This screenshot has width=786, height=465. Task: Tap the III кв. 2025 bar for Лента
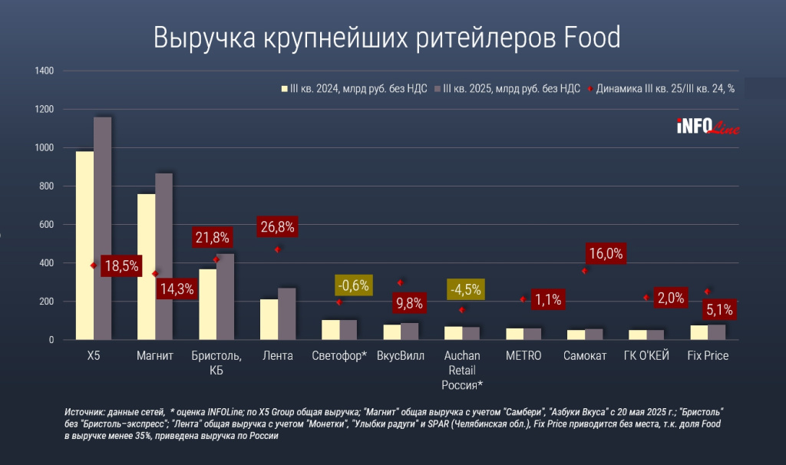286,314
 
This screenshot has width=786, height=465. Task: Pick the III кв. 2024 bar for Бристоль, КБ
207,304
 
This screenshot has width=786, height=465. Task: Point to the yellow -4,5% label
465,290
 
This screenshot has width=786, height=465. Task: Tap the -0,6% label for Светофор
355,285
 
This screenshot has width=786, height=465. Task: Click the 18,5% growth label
121,266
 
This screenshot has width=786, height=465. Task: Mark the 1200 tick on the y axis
43,110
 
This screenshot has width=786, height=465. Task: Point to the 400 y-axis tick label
45,263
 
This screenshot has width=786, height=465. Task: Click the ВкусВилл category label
400,356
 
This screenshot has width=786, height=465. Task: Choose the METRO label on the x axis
523,356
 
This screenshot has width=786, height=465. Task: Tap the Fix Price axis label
708,356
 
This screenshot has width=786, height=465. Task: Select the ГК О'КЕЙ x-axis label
646,356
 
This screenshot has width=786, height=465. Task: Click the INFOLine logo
707,127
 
